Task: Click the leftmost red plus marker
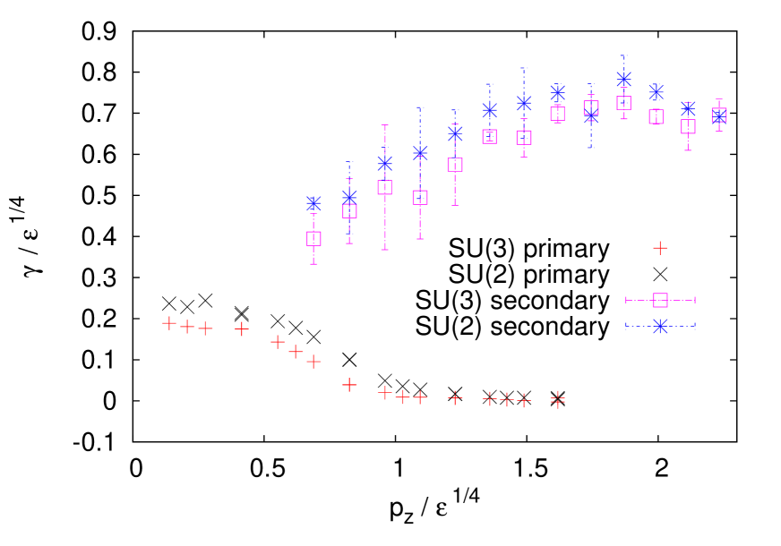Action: click(169, 323)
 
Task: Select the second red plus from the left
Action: click(187, 327)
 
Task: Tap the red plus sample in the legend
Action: click(660, 248)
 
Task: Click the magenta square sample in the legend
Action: click(660, 300)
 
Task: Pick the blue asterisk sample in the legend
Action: click(660, 326)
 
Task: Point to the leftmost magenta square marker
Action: click(313, 239)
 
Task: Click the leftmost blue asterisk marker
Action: click(313, 204)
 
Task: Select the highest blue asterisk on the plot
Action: click(624, 79)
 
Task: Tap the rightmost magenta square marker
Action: click(718, 115)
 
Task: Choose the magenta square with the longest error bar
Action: click(384, 187)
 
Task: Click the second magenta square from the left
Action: click(349, 211)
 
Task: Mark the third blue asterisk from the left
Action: click(384, 163)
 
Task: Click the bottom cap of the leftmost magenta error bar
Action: click(313, 264)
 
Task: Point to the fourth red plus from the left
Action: click(241, 329)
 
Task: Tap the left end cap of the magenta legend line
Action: click(625, 300)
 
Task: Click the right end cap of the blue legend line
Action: click(695, 326)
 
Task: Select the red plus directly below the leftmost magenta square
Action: click(313, 362)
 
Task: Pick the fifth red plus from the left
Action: click(278, 342)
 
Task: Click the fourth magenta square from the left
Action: click(419, 198)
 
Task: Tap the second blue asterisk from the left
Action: click(349, 197)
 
